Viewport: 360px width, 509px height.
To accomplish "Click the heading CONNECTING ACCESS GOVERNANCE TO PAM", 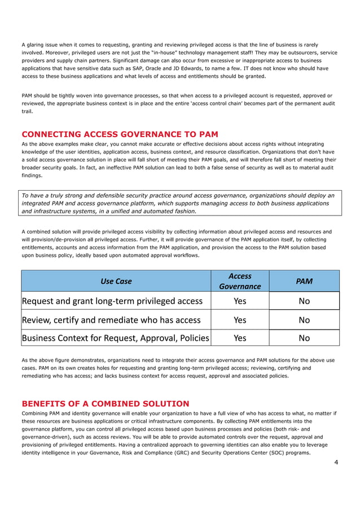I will [x=120, y=134].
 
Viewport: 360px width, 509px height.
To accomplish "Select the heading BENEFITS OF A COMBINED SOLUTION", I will [x=105, y=403].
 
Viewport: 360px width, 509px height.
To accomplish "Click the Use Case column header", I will [x=116, y=281].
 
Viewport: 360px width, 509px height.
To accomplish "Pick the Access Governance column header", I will [x=240, y=281].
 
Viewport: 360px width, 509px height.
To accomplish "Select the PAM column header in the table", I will [x=304, y=281].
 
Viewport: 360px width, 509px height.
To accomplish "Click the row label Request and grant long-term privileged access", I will [x=112, y=301].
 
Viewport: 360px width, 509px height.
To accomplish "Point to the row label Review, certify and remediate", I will [x=111, y=319].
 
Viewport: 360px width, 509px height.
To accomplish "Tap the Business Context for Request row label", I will [x=115, y=338].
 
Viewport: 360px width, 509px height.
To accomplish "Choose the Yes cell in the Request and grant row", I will [x=240, y=301].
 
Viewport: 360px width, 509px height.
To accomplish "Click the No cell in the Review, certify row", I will [x=304, y=319].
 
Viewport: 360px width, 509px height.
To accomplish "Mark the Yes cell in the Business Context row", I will [x=240, y=338].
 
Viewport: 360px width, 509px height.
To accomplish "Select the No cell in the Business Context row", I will [x=304, y=338].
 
